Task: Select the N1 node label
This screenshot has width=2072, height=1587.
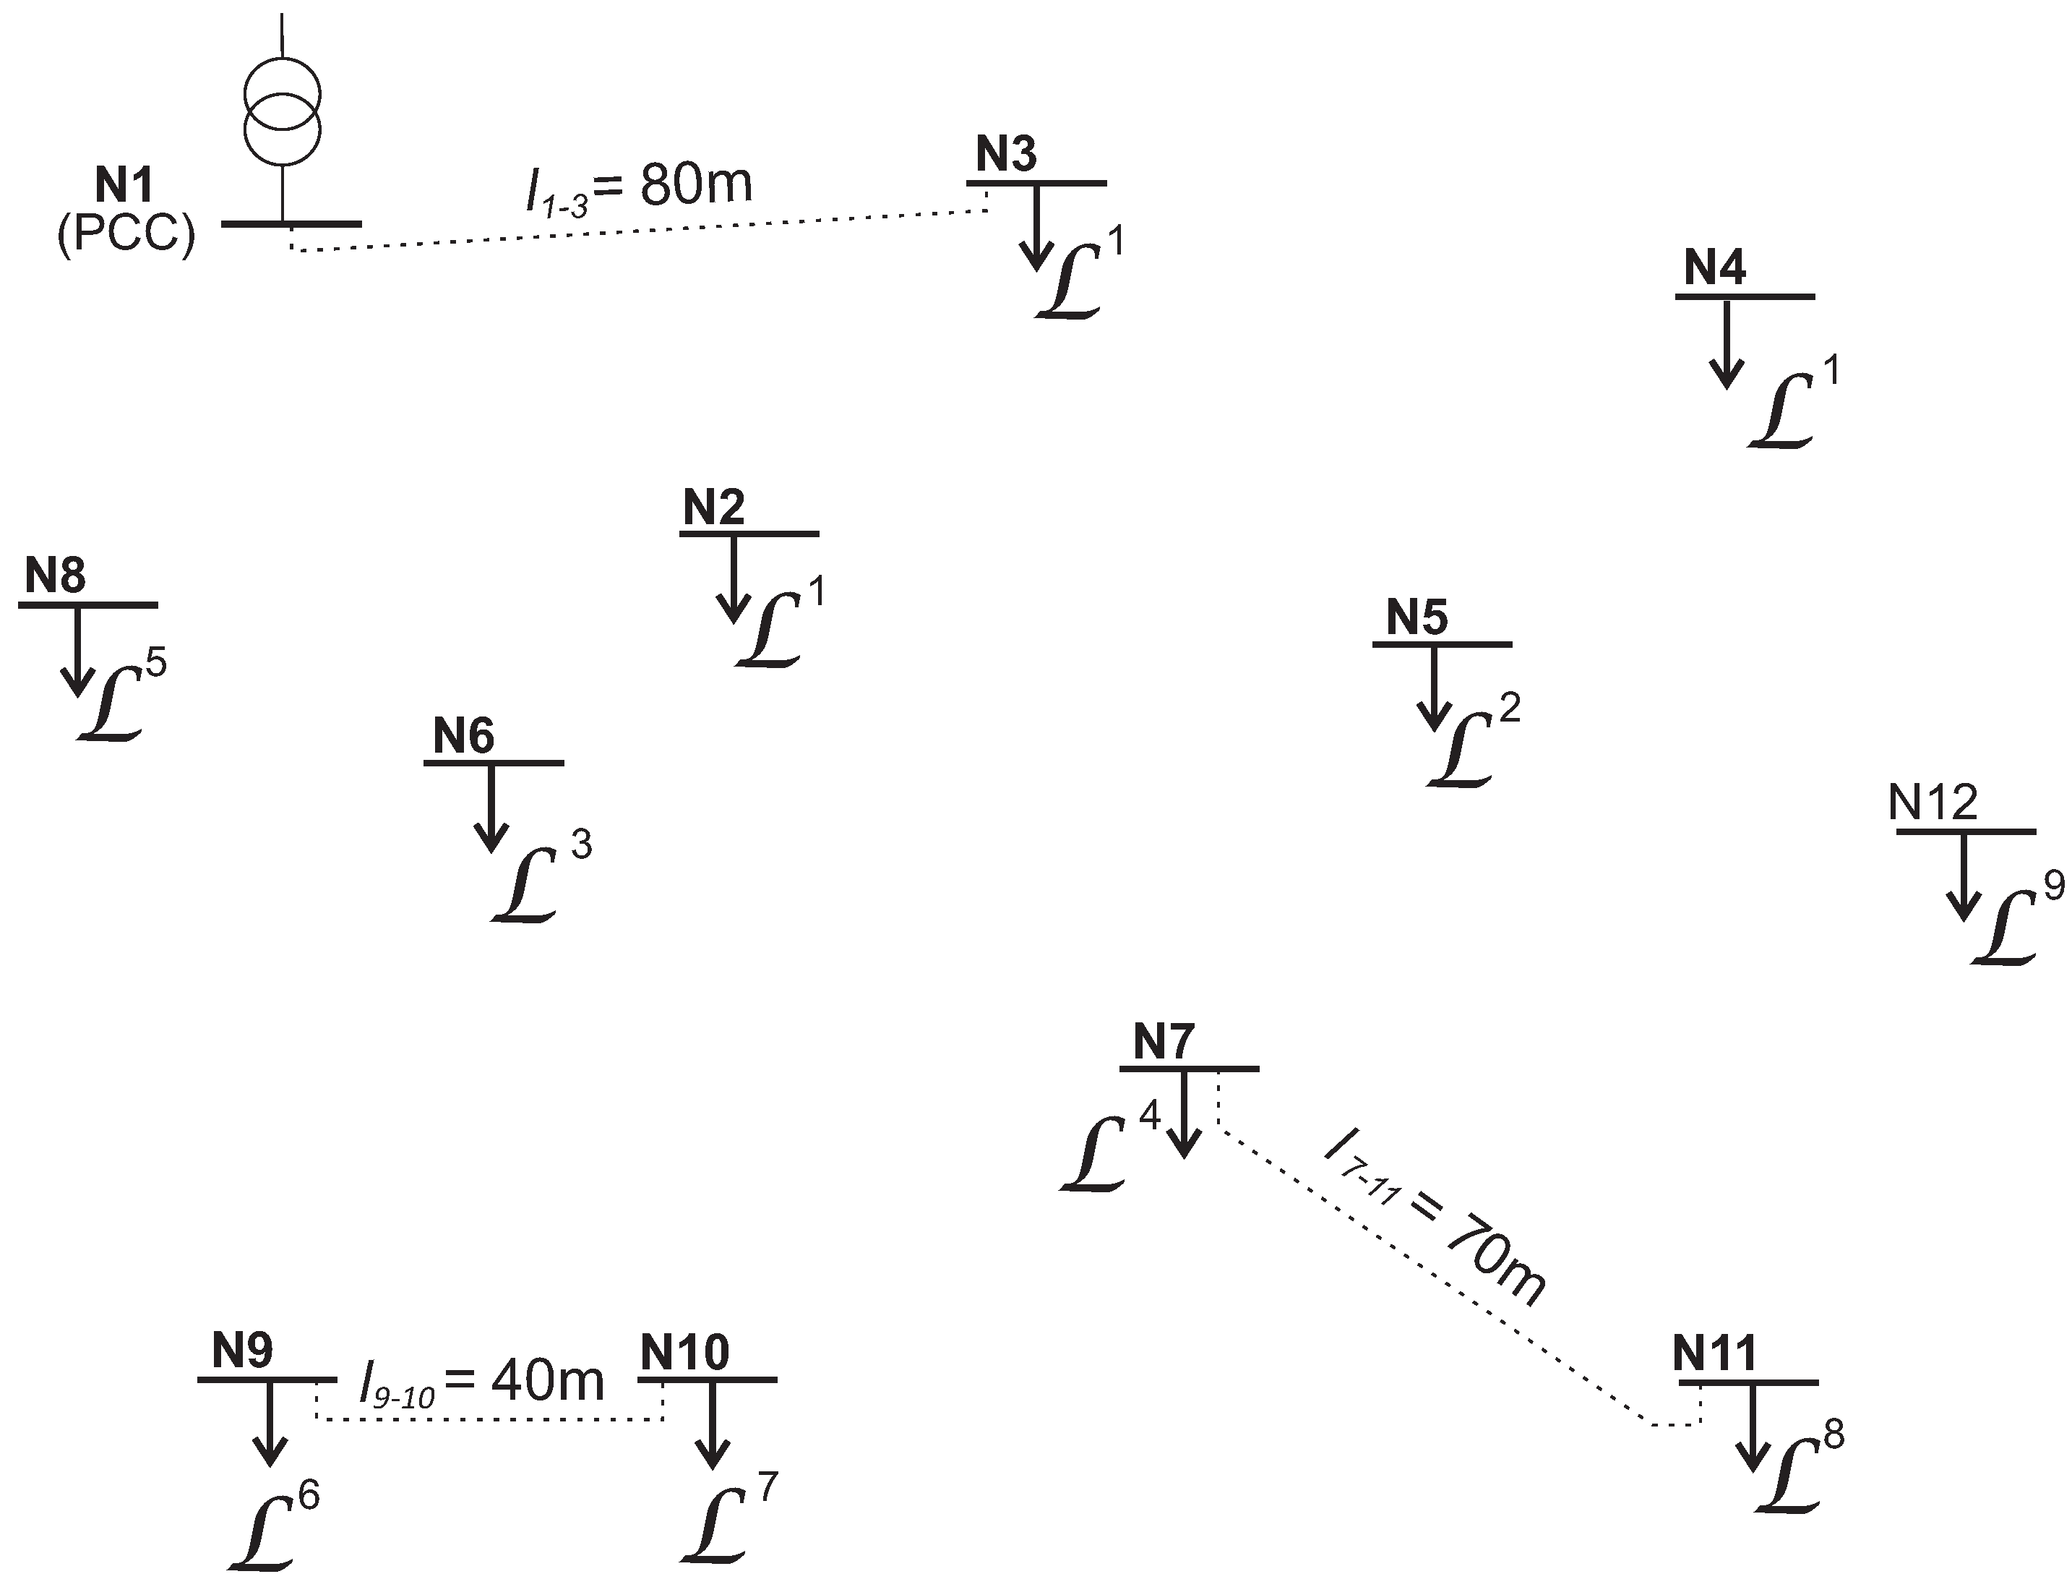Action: [x=124, y=185]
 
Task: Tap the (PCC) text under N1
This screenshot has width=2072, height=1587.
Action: [x=126, y=232]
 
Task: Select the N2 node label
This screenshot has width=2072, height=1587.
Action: [x=714, y=508]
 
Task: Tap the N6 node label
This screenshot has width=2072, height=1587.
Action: [x=463, y=736]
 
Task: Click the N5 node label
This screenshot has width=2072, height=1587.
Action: [x=1417, y=617]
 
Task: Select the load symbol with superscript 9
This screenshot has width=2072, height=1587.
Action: [x=2005, y=928]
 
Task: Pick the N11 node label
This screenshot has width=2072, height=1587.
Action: [x=1713, y=1353]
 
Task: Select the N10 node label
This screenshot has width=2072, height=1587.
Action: [x=684, y=1353]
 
